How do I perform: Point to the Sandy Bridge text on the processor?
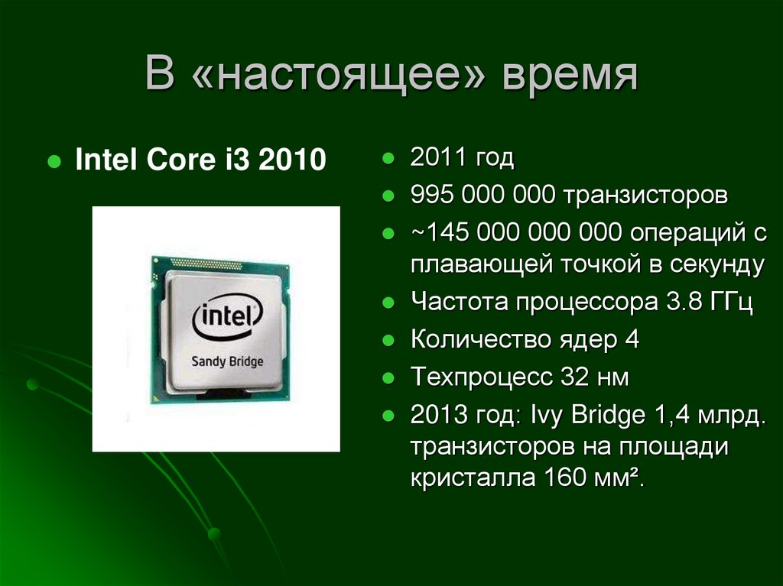pos(227,361)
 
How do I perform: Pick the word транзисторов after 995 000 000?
pos(646,195)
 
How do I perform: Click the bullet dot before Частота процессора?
pos(388,303)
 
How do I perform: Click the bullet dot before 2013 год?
pos(388,417)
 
